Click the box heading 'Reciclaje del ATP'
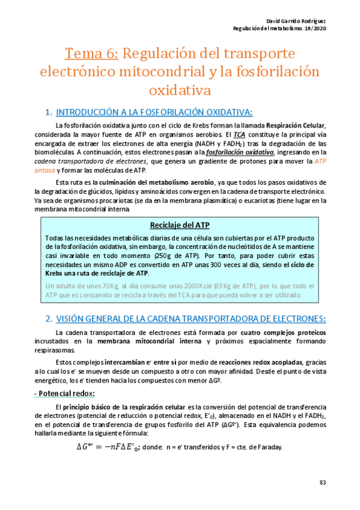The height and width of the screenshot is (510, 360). click(180, 225)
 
